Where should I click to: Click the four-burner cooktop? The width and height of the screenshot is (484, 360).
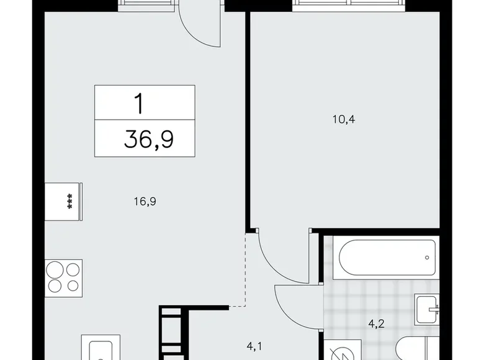[63, 277]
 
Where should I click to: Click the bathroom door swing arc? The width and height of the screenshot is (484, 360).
[297, 299]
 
